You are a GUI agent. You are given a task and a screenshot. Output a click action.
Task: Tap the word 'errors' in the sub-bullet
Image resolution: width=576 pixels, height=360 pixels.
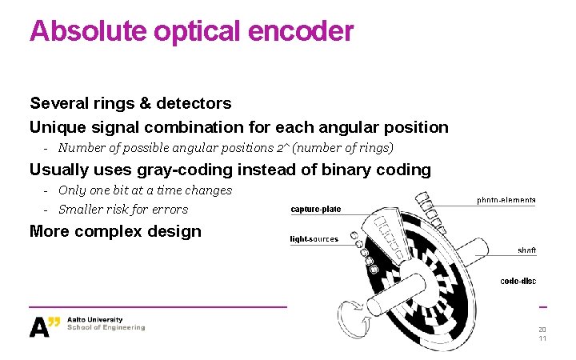170,210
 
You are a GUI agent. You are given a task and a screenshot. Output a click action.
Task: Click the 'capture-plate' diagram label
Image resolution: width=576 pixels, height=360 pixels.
315,210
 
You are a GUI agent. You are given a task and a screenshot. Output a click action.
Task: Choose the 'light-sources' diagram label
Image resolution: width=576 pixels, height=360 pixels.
314,239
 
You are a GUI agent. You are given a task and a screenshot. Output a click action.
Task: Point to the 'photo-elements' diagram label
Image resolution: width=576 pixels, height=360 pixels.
506,200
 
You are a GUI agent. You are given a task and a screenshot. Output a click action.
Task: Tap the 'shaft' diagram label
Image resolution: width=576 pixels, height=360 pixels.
526,250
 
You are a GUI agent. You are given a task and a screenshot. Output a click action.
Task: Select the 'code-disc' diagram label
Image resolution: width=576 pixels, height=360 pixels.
518,281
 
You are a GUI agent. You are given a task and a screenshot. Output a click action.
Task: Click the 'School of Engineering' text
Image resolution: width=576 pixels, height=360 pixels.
106,327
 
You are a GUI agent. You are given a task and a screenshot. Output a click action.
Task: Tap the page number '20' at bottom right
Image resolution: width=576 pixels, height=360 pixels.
542,330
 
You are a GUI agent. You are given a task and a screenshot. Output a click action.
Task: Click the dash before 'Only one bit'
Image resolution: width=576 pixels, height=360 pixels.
47,190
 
